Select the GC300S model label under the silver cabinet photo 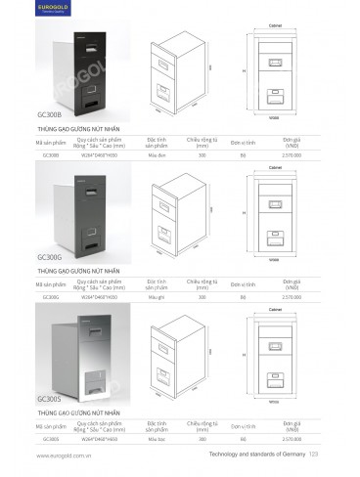tap(49, 399)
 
